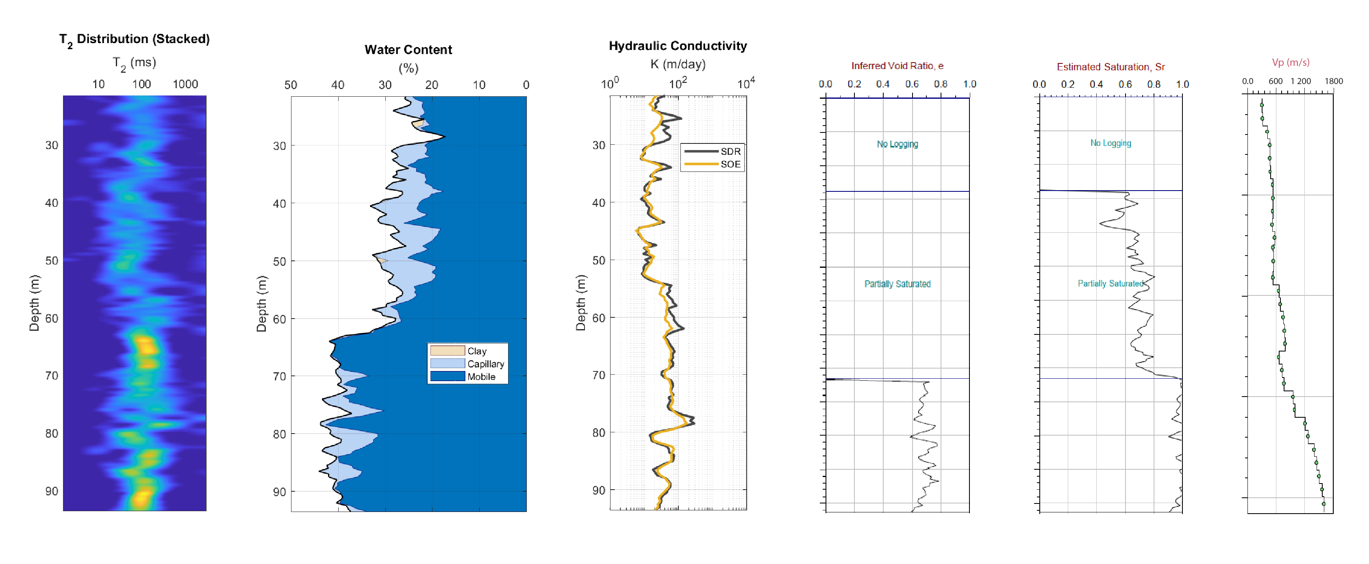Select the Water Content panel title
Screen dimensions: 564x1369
408,50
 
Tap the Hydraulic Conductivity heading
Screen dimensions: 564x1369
677,46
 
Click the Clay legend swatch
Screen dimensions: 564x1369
447,351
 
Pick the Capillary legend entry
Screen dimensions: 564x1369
485,364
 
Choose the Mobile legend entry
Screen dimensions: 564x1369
480,377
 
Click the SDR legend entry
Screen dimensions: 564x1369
730,151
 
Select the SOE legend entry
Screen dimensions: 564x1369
730,164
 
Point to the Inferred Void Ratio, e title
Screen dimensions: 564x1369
897,66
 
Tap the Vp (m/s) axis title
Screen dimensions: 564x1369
1290,63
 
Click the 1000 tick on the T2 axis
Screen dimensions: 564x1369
185,85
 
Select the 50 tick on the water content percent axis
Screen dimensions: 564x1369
291,85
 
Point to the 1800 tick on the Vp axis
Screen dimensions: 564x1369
1333,81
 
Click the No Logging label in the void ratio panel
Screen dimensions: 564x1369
897,144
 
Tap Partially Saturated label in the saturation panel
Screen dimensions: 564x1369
1110,284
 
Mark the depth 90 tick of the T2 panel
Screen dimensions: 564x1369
52,491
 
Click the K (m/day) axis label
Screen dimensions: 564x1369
678,64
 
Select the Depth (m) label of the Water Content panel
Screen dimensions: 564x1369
261,303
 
